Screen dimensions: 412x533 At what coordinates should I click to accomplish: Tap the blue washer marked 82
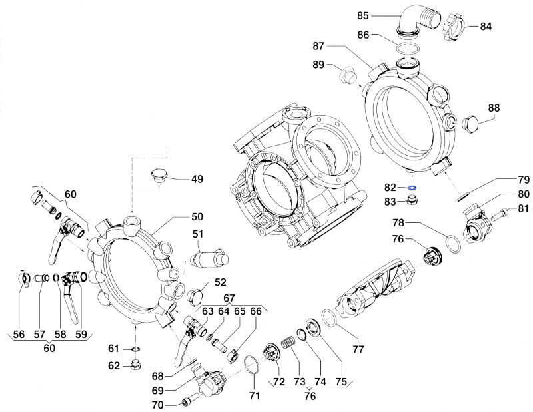click(x=413, y=188)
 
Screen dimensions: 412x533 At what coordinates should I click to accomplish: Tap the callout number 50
click(x=197, y=217)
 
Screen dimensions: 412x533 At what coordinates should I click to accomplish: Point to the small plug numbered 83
click(x=414, y=201)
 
